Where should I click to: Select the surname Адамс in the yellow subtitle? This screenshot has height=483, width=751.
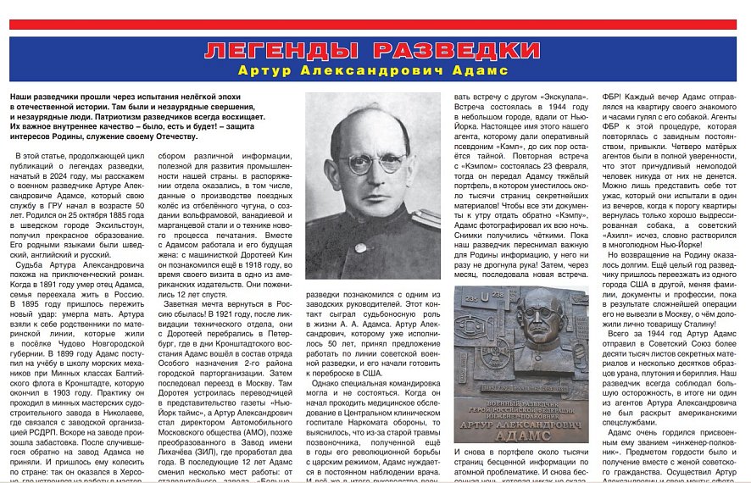(480, 70)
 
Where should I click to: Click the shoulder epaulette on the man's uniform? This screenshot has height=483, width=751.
(424, 222)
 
